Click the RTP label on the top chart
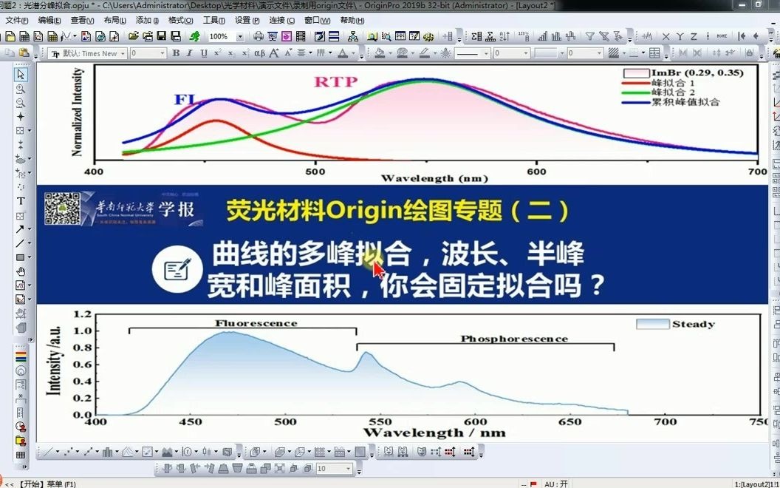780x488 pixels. (335, 81)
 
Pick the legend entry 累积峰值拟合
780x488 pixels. (685, 101)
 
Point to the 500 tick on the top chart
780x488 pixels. (315, 172)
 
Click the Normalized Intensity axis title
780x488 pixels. (78, 112)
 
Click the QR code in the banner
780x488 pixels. (62, 209)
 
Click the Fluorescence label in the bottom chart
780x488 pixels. (256, 323)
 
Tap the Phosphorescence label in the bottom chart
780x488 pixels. (514, 339)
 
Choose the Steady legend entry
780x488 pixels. (693, 324)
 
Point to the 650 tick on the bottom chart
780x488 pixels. (569, 421)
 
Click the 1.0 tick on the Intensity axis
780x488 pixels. (83, 331)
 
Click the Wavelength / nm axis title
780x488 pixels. (434, 433)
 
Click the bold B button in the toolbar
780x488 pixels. (176, 53)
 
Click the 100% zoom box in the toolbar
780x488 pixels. (221, 35)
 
